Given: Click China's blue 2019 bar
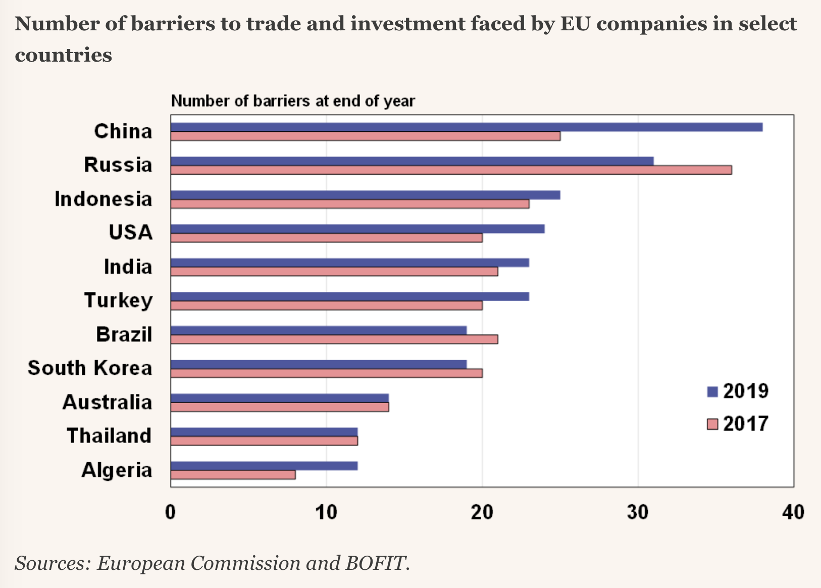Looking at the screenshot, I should click(467, 127).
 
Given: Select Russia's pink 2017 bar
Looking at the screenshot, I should click(451, 170).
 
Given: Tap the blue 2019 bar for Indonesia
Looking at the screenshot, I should click(365, 195).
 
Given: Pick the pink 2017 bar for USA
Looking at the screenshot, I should click(326, 238).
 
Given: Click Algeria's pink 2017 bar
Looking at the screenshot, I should click(233, 475).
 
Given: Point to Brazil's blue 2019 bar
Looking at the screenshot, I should click(318, 330).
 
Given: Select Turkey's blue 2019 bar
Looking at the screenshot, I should click(349, 297).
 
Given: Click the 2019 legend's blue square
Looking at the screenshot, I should click(712, 391).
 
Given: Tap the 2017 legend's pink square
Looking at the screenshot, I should click(712, 424).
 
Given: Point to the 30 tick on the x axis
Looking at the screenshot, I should click(638, 512).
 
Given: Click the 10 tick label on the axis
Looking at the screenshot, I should click(326, 512).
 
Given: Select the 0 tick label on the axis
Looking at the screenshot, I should click(171, 512).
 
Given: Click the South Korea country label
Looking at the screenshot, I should click(90, 368).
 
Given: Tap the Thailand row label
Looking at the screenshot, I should click(109, 436).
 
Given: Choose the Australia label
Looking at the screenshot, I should click(107, 403).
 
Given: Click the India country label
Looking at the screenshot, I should click(128, 267).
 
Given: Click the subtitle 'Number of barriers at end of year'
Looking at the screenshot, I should click(293, 101).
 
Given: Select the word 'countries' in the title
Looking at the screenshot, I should click(64, 55).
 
